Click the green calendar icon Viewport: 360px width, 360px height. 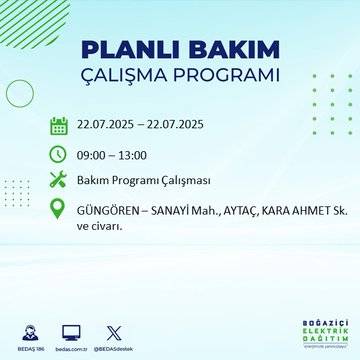pyautogui.click(x=59, y=125)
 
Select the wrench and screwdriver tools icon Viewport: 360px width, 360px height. pyautogui.click(x=59, y=181)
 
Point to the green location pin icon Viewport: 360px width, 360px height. pyautogui.click(x=59, y=211)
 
